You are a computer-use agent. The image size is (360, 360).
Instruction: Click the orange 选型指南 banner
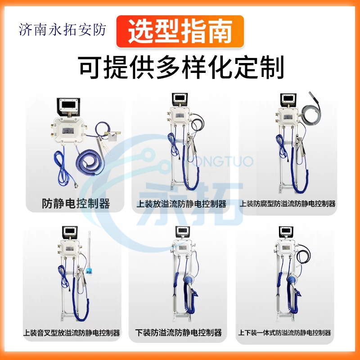pyautogui.click(x=180, y=31)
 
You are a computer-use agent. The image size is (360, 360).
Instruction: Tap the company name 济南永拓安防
pyautogui.click(x=62, y=30)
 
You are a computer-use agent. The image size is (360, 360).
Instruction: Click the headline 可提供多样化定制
pyautogui.click(x=181, y=67)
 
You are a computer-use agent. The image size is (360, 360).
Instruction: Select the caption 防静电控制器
pyautogui.click(x=76, y=203)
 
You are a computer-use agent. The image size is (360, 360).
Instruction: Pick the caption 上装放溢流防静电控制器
pyautogui.click(x=181, y=204)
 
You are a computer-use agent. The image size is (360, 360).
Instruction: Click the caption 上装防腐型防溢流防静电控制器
pyautogui.click(x=288, y=204)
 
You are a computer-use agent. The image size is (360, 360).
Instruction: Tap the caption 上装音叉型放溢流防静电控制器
pyautogui.click(x=72, y=333)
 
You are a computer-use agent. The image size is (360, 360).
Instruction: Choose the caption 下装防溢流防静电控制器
pyautogui.click(x=179, y=333)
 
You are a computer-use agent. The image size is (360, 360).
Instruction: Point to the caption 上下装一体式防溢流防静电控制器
pyautogui.click(x=284, y=333)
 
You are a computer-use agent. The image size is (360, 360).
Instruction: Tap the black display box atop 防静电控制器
pyautogui.click(x=68, y=107)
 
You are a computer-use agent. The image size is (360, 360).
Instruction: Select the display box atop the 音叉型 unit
pyautogui.click(x=70, y=232)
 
